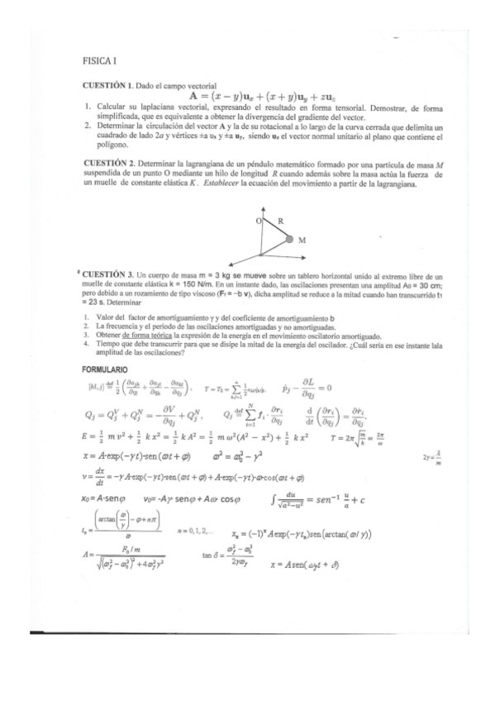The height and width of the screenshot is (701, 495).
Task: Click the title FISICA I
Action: point(99,62)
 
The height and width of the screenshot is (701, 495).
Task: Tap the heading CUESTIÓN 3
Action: point(111,274)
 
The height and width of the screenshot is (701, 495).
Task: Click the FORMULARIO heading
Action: point(104,369)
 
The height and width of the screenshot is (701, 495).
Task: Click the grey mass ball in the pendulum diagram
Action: point(289,240)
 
